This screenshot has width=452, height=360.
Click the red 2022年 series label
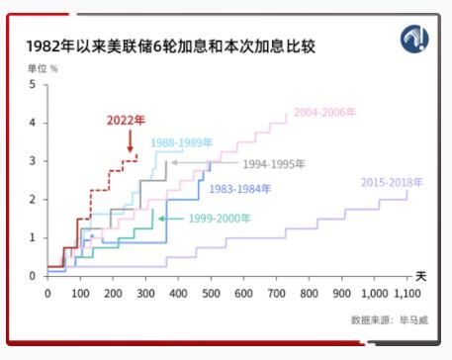pyautogui.click(x=126, y=121)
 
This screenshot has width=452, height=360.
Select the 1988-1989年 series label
pyautogui.click(x=181, y=142)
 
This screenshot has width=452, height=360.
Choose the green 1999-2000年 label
pyautogui.click(x=220, y=218)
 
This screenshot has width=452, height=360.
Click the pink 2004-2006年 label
pyautogui.click(x=327, y=112)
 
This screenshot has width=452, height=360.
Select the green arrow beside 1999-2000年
pyautogui.click(x=171, y=218)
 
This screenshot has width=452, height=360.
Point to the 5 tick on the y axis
pyautogui.click(x=32, y=85)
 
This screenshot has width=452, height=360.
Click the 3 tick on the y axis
pyautogui.click(x=32, y=161)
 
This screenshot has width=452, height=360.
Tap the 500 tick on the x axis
pyautogui.click(x=211, y=293)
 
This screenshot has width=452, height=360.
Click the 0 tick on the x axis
pyautogui.click(x=47, y=293)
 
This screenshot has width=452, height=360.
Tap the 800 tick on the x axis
pyautogui.click(x=309, y=293)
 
